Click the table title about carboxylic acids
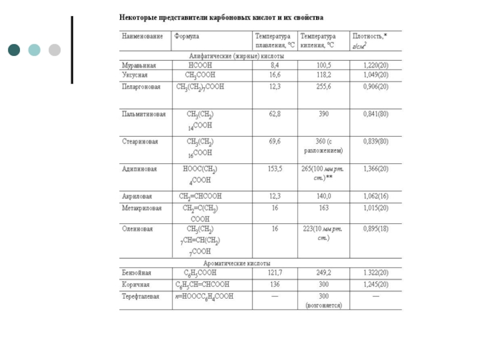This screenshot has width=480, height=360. (x=221, y=19)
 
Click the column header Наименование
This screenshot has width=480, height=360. (x=142, y=36)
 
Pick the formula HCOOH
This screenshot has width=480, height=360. (x=200, y=65)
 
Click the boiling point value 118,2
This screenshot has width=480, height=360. (x=324, y=75)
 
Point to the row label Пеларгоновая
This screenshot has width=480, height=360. (x=142, y=86)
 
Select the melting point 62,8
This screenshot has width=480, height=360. (x=275, y=113)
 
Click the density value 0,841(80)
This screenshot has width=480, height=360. (x=376, y=113)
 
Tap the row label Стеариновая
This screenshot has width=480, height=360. (x=140, y=142)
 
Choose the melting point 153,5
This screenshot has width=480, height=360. (x=275, y=169)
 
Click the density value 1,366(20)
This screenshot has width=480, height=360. (x=376, y=169)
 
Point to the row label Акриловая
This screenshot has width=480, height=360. (x=137, y=196)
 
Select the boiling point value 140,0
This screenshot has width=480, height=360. (x=324, y=196)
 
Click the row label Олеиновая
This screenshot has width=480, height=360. (x=137, y=229)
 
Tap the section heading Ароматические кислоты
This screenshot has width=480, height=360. (x=237, y=263)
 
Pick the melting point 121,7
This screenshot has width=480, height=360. (x=275, y=273)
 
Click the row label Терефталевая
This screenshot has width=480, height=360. (x=141, y=296)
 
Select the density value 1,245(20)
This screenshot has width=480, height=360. (x=376, y=284)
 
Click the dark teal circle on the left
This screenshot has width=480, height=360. (x=14, y=50)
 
